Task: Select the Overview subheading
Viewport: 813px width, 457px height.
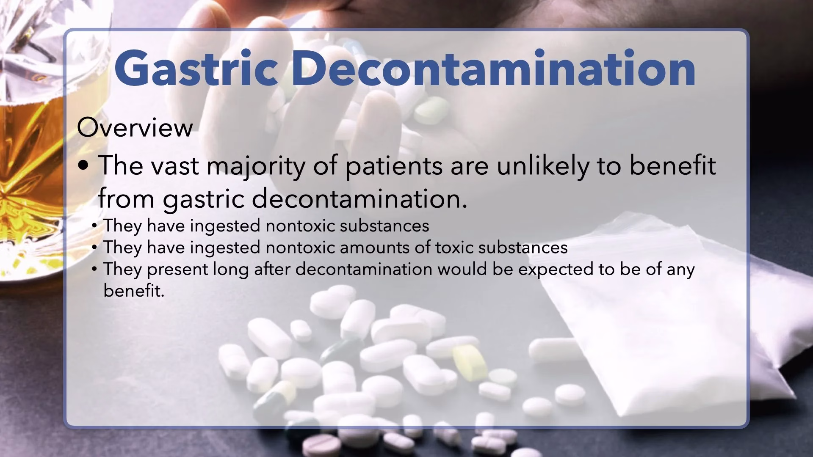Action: pos(135,128)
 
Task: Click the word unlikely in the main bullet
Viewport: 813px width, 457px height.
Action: pos(542,166)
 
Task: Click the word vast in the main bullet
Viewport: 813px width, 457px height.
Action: pos(175,166)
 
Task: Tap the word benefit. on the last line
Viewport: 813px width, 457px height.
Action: pos(134,291)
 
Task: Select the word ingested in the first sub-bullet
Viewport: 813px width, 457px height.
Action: pos(225,226)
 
